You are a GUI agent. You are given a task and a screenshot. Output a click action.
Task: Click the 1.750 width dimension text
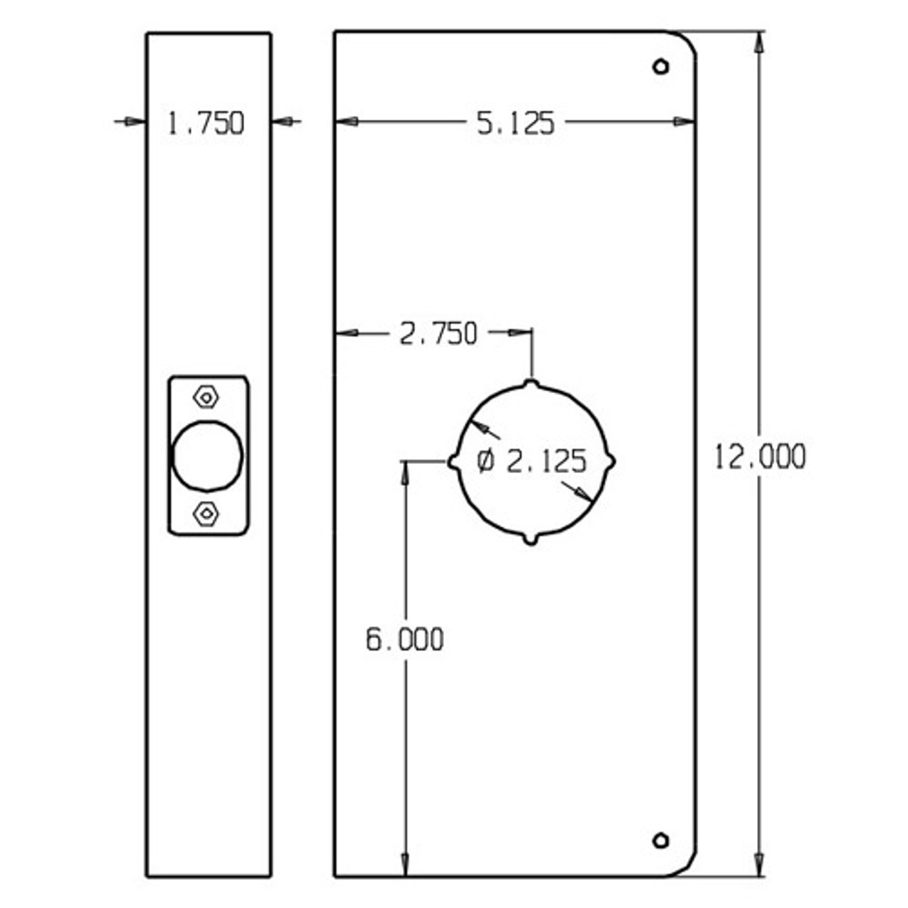(x=206, y=123)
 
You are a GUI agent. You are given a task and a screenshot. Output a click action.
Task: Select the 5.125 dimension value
(x=514, y=123)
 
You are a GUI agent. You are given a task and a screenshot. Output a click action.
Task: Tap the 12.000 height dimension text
(x=760, y=456)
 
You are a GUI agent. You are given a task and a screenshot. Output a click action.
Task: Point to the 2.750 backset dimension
(x=438, y=333)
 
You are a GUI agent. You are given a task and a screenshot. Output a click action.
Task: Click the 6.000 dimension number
(x=404, y=640)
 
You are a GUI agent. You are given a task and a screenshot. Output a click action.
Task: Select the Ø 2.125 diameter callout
(x=532, y=462)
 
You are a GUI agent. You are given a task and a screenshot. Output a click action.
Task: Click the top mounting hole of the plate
(x=660, y=67)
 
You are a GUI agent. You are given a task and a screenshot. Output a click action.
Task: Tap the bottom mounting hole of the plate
(x=660, y=841)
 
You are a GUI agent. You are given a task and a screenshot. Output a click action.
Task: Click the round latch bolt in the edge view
(x=207, y=455)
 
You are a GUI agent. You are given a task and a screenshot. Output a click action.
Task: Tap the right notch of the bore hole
(x=610, y=462)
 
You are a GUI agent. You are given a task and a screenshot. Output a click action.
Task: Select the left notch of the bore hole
(x=453, y=462)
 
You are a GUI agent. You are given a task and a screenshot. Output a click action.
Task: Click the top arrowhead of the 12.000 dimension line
(x=760, y=41)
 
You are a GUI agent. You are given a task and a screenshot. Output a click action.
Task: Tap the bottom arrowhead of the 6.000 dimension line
(x=405, y=866)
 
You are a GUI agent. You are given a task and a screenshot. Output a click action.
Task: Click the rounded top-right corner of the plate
(x=685, y=43)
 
